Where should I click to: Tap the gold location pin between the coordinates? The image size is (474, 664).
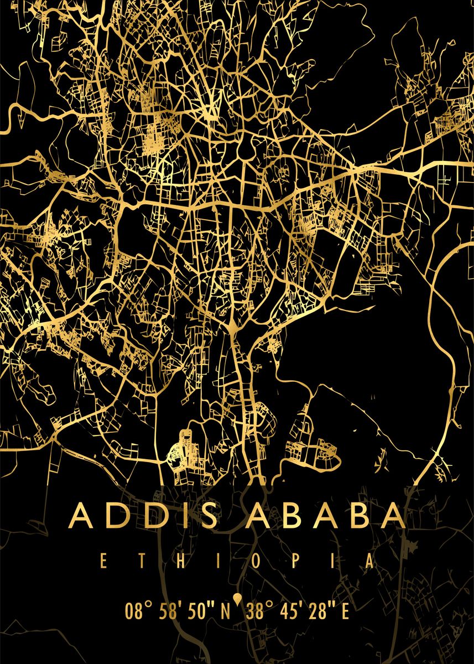[237, 599]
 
